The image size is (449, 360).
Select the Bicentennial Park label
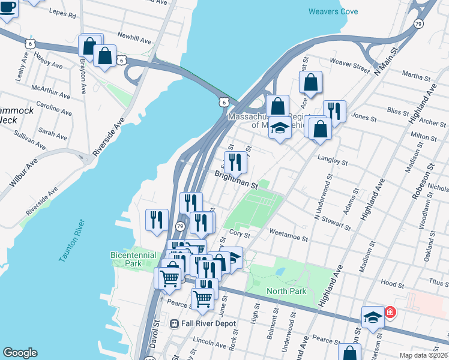pyautogui.click(x=125, y=259)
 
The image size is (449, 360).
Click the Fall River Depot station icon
pyautogui.click(x=175, y=323)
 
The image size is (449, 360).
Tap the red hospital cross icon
pyautogui.click(x=390, y=312)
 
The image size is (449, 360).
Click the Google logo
pyautogui.click(x=20, y=353)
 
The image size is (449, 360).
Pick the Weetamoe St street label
pyautogui.click(x=289, y=238)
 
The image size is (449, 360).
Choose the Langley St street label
pyautogui.click(x=332, y=160)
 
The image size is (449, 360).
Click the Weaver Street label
pyautogui.click(x=349, y=66)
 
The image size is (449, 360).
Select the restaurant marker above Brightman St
pyautogui.click(x=235, y=161)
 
